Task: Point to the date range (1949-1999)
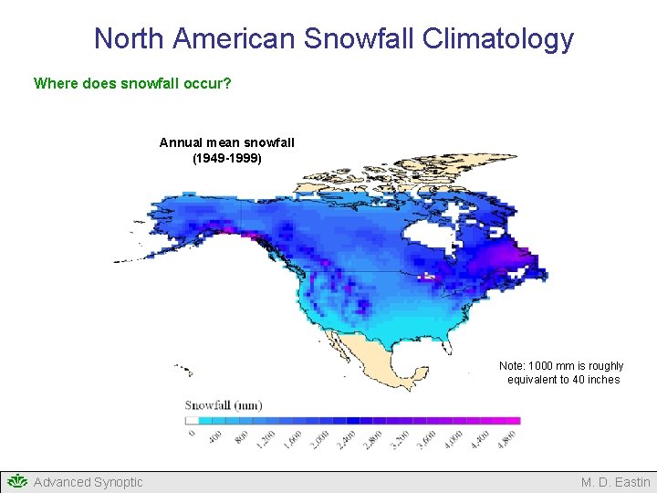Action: coord(226,158)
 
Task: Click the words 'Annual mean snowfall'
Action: coord(226,142)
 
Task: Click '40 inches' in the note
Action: coord(597,380)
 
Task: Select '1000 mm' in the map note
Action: coord(547,366)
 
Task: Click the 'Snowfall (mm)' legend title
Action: coord(224,405)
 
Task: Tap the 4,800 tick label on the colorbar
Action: coord(509,436)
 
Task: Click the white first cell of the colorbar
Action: coord(192,421)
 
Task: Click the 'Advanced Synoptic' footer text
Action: coord(88,482)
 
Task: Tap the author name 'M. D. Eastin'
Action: coord(616,482)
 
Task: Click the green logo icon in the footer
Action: coord(16,481)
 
